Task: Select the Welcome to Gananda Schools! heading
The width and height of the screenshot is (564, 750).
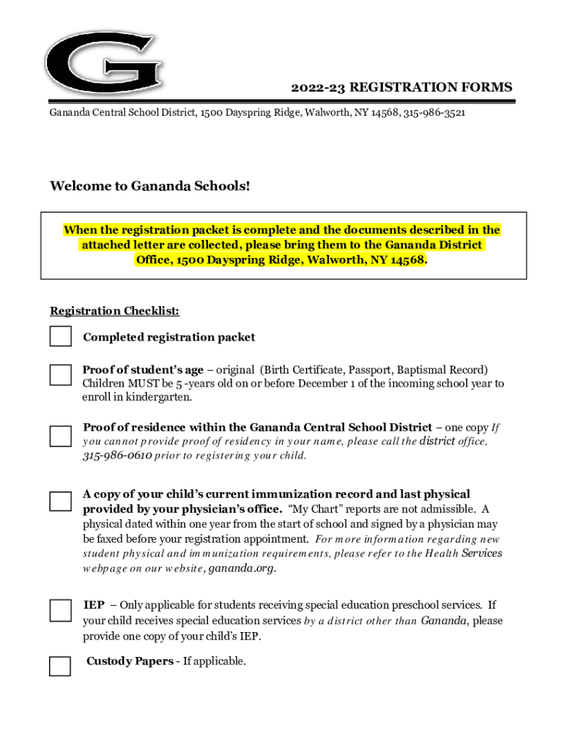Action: pos(149,187)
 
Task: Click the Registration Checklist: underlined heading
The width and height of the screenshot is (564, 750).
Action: pos(114,311)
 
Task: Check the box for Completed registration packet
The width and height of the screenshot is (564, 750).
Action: pos(60,337)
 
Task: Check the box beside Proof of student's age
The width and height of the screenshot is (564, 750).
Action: pos(60,375)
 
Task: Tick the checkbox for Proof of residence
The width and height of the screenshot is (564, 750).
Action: pos(60,436)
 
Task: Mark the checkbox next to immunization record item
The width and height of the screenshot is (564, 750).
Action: pos(60,502)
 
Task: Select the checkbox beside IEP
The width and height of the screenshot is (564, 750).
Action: pos(60,609)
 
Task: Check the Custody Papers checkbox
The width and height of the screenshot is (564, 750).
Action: pos(60,667)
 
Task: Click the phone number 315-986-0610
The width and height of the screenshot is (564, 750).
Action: pos(117,456)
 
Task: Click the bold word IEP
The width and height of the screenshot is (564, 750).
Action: pos(94,605)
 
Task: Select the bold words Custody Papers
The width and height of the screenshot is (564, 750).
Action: pos(130,661)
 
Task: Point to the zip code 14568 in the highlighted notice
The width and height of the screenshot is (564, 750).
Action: pos(407,261)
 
